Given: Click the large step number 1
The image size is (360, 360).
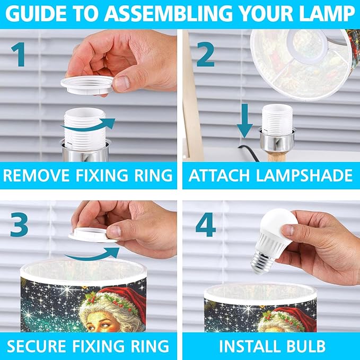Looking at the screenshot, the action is [x=19, y=55].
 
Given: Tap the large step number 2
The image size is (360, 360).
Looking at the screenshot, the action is [x=206, y=55].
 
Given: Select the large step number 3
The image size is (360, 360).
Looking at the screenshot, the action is [x=19, y=225].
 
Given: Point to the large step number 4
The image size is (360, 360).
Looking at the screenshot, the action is [x=206, y=225].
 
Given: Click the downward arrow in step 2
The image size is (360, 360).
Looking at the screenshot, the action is [x=245, y=121].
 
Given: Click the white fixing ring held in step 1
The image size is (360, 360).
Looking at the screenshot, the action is [x=87, y=85].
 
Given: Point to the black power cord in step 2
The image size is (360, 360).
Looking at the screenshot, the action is [x=249, y=152].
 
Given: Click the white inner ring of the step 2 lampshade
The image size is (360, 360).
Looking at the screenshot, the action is [x=306, y=60].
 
